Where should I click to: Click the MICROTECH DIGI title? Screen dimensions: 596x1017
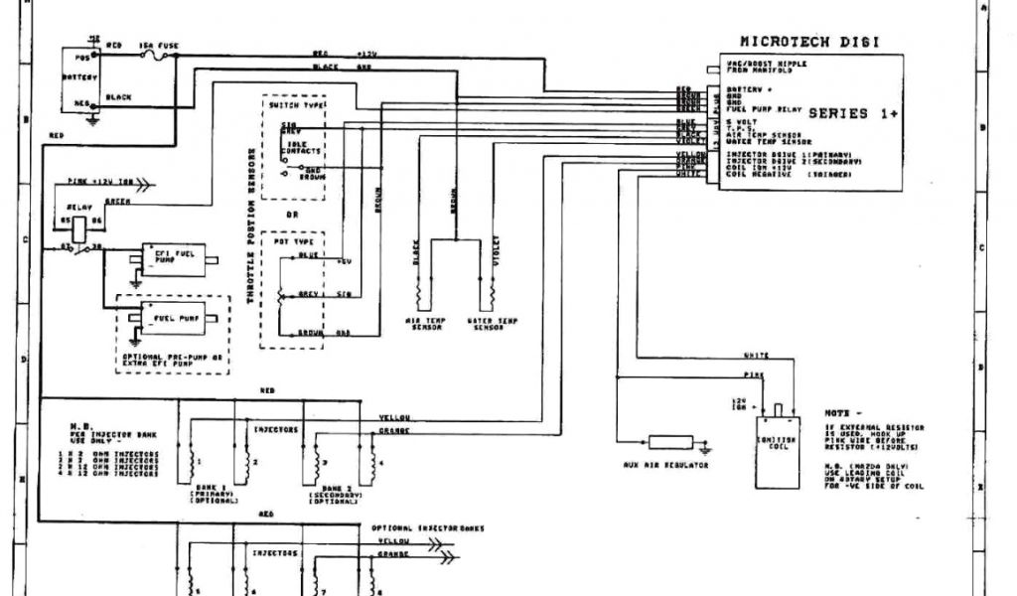(809, 42)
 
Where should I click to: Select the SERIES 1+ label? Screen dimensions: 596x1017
(853, 113)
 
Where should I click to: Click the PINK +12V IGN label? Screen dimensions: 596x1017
(95, 182)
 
